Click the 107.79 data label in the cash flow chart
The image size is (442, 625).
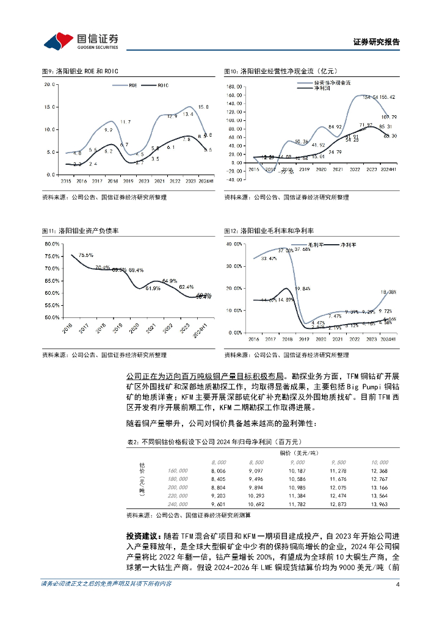coord(389,117)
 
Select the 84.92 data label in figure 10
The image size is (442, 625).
coord(335,127)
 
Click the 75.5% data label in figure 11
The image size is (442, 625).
coord(85,255)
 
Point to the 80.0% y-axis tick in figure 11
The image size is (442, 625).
coord(51,244)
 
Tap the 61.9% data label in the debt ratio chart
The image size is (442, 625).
coord(153,288)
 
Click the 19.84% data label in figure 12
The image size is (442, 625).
coord(303,288)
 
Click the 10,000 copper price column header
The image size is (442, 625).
coord(379,463)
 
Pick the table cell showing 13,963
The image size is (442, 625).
coord(379,505)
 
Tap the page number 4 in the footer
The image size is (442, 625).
coord(397,601)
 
